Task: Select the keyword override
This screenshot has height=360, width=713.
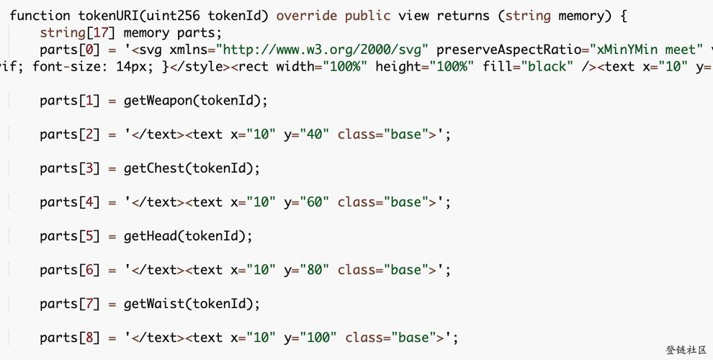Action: pyautogui.click(x=307, y=16)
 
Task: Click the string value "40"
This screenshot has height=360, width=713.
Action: pyautogui.click(x=314, y=135)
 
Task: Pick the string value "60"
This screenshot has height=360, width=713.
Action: pyautogui.click(x=314, y=202)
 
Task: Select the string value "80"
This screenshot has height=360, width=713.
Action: pyautogui.click(x=314, y=270)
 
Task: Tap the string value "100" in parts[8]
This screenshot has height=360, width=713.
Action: pyautogui.click(x=318, y=338)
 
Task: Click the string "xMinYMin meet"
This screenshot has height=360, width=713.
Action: pyautogui.click(x=643, y=50)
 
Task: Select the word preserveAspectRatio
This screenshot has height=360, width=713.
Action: pyautogui.click(x=508, y=50)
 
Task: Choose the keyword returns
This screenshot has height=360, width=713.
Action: pyautogui.click(x=463, y=16)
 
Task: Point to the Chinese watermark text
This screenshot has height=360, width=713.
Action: pyautogui.click(x=686, y=349)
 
